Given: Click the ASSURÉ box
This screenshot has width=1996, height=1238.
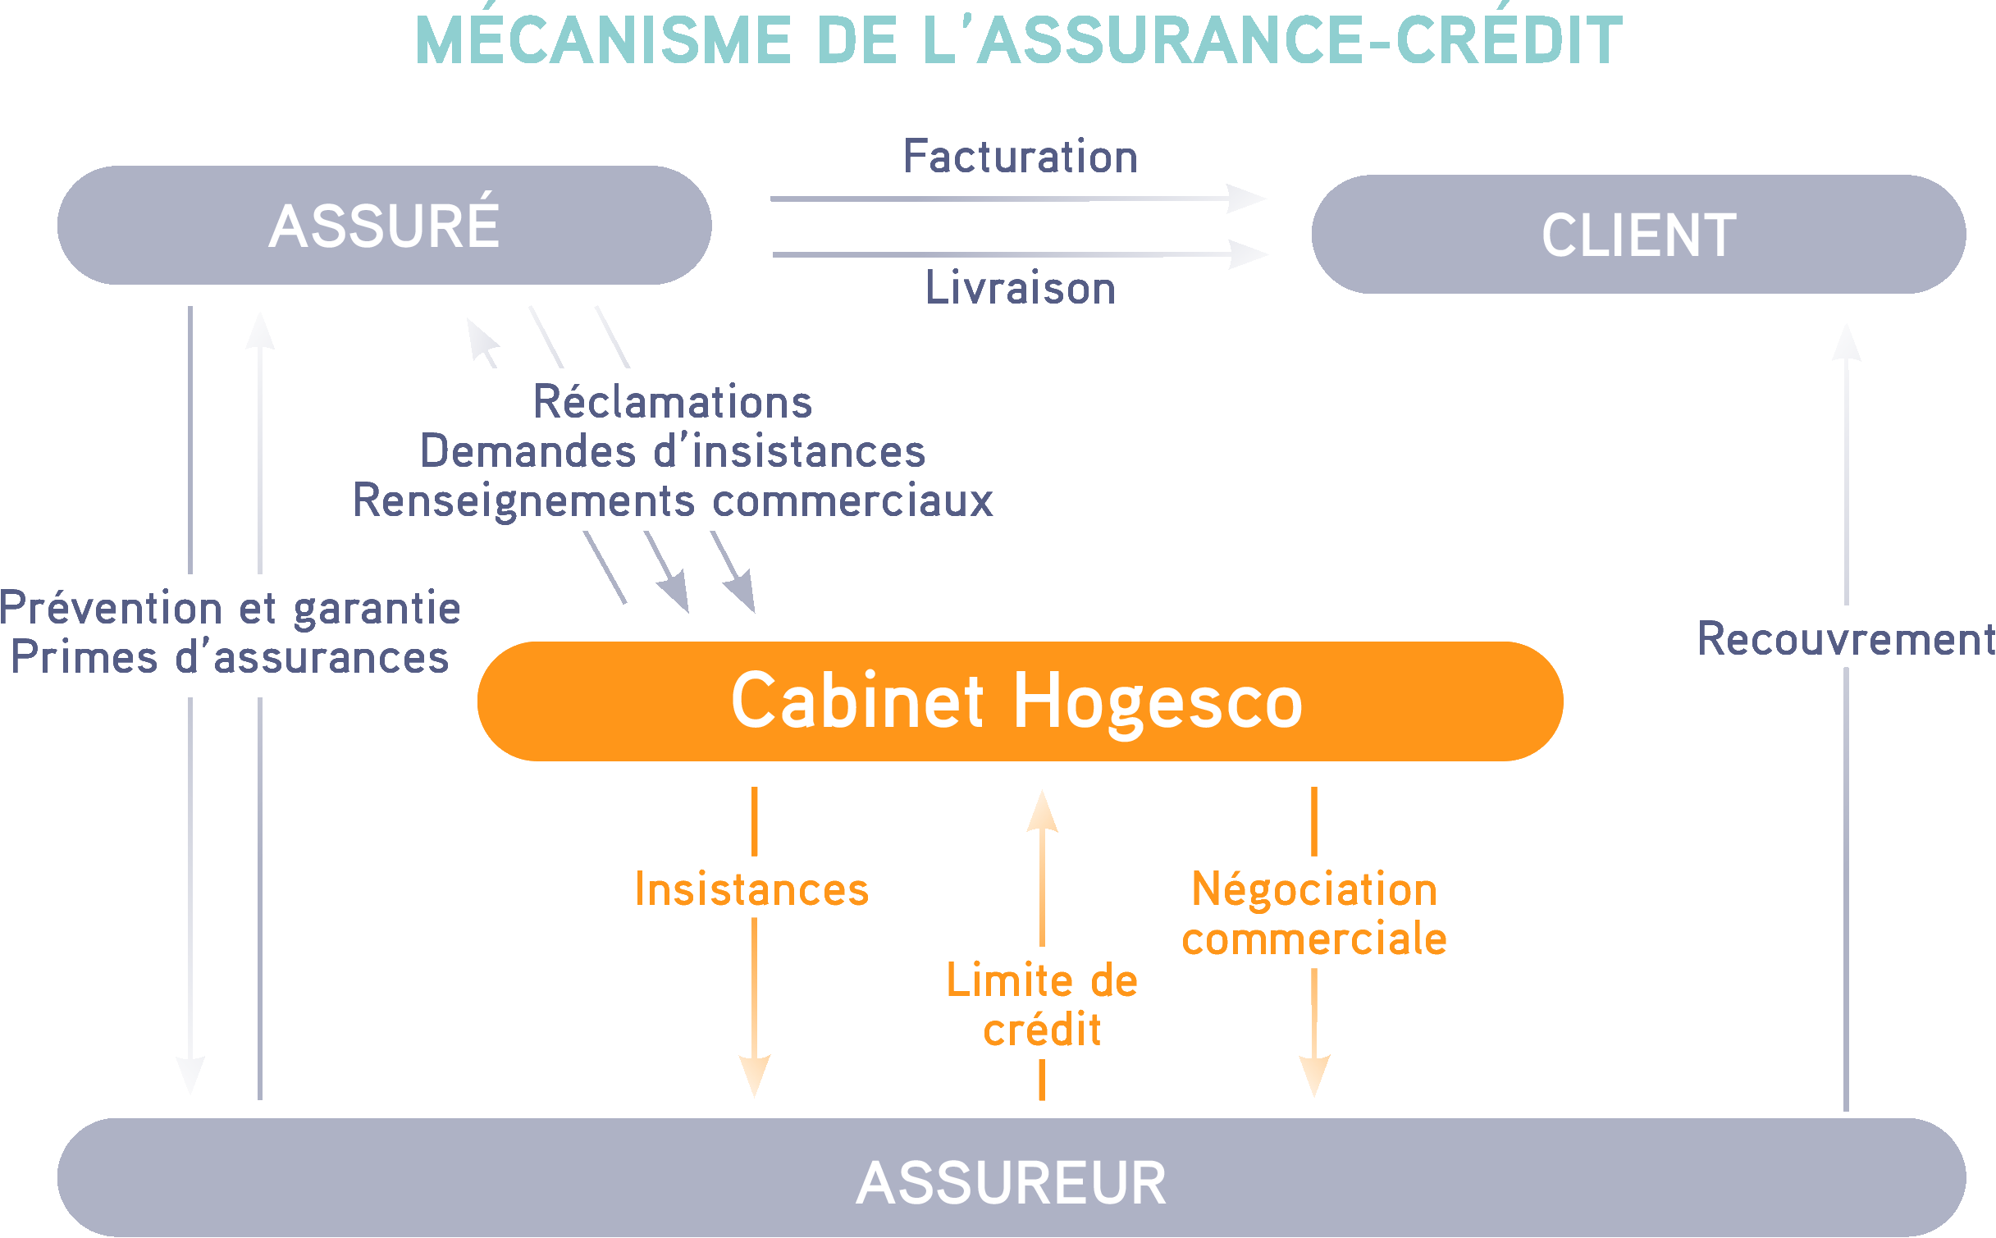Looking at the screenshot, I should [384, 226].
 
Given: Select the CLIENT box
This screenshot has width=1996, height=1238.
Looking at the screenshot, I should [1638, 235].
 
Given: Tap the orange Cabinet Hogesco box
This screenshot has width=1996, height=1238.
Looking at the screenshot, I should [1020, 701].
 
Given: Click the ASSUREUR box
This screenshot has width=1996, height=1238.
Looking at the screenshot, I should [1011, 1181].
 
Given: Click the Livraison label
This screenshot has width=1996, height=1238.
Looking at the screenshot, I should [1020, 288].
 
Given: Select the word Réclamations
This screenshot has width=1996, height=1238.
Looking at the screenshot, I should [673, 402].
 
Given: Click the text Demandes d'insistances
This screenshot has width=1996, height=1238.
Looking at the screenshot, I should [673, 451].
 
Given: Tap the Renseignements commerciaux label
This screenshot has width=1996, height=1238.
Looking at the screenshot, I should [673, 500].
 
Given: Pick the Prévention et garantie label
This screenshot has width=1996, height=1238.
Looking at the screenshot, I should [231, 608].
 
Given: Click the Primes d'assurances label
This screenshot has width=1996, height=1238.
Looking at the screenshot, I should [231, 657].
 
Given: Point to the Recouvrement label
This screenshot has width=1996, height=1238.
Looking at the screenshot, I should [1845, 639].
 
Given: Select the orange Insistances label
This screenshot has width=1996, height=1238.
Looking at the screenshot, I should [751, 889].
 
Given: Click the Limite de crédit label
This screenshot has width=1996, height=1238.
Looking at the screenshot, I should [1042, 1004].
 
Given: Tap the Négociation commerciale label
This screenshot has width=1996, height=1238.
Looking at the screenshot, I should [1314, 913].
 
